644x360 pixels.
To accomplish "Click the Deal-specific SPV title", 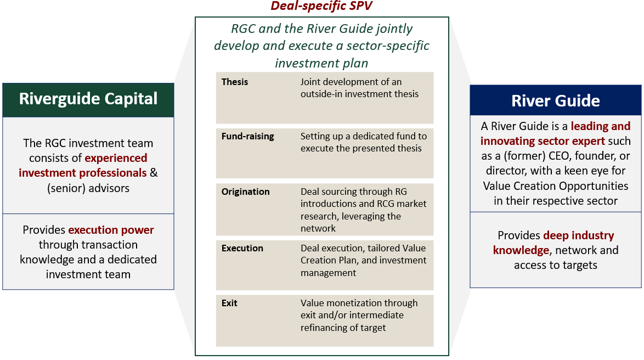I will click(322, 7).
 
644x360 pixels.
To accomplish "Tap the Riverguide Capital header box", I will click(88, 99).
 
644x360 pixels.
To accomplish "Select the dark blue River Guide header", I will click(555, 101).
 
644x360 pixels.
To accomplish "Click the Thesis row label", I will click(235, 82).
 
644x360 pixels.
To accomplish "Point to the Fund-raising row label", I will click(247, 136).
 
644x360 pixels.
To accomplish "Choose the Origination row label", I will click(245, 192).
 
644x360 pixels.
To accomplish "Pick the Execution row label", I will click(242, 248).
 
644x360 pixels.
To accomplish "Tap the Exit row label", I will click(229, 303).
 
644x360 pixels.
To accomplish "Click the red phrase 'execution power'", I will click(111, 230).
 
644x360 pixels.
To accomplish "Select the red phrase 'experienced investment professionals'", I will click(83, 166).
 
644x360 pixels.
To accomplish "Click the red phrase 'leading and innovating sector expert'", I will click(556, 134).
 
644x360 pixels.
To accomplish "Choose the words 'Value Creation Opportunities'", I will click(555, 185).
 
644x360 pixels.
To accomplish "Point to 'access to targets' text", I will click(555, 265).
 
